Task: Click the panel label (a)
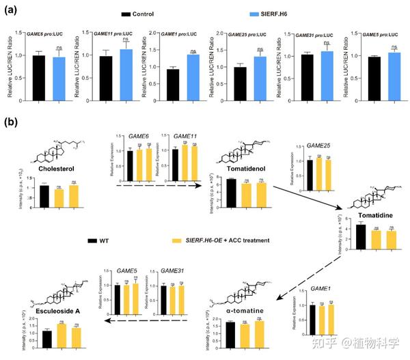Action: tap(12, 10)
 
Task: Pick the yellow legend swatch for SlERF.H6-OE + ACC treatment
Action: tap(179, 240)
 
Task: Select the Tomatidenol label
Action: tap(245, 167)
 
